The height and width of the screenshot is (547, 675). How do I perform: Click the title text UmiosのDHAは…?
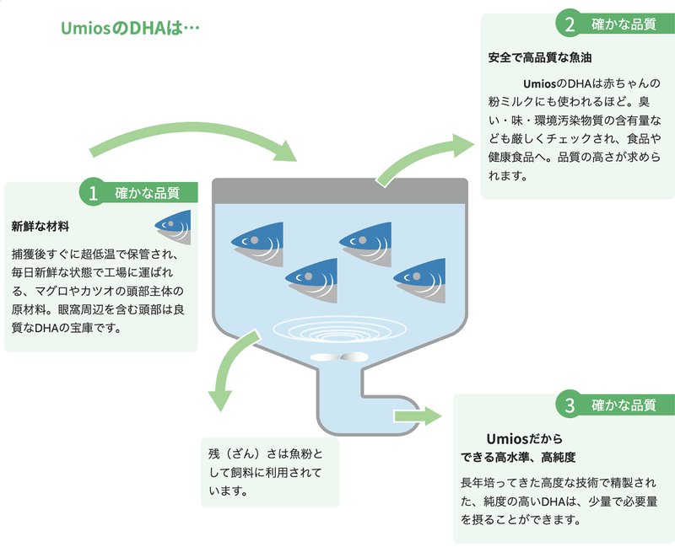(x=130, y=28)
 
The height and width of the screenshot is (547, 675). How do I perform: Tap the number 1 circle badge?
(x=92, y=192)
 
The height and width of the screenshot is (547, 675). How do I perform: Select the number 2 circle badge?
(x=570, y=24)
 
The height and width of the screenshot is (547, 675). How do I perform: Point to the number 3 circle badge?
(x=570, y=405)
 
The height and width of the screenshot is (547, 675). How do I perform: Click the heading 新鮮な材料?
(x=40, y=226)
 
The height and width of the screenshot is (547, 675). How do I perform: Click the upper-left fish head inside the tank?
(x=256, y=239)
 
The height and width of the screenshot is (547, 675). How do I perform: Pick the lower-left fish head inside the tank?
(x=311, y=276)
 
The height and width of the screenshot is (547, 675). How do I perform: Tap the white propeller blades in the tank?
(x=340, y=357)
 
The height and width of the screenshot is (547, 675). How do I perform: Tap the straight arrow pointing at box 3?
(x=417, y=416)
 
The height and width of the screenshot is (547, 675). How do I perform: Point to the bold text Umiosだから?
(x=524, y=439)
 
